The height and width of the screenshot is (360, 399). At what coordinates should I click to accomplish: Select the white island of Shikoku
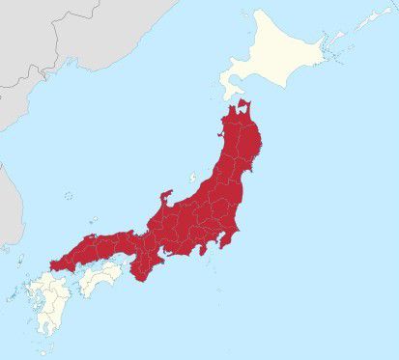click(x=101, y=279)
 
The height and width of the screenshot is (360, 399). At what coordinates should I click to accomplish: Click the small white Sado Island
click(x=193, y=180)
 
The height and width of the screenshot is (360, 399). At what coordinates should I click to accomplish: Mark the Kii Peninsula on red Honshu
click(x=143, y=270)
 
